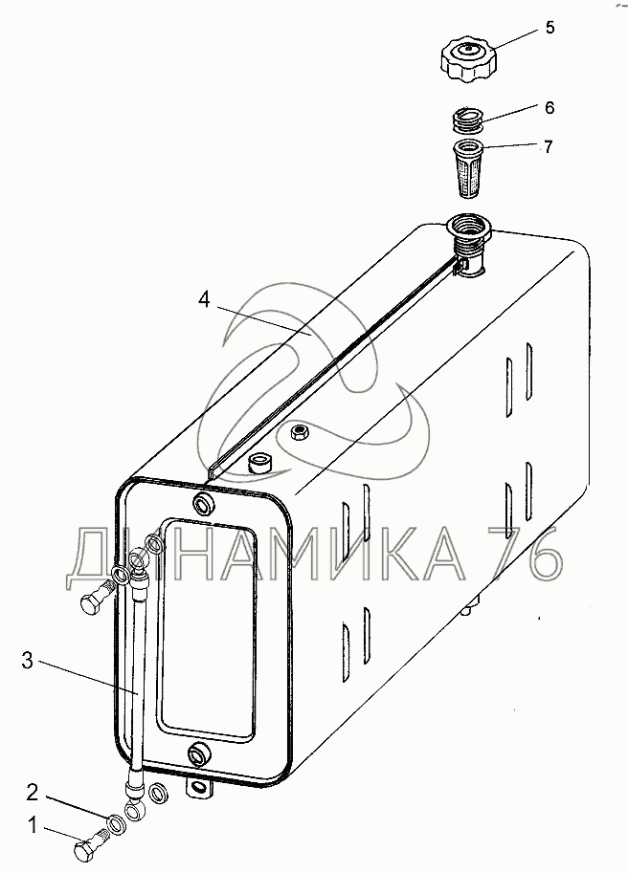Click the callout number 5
[x=549, y=28]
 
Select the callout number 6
[x=549, y=107]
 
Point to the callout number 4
[x=204, y=300]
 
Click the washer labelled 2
[x=115, y=822]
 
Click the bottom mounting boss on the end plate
[x=197, y=755]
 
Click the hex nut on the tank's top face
[x=299, y=435]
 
